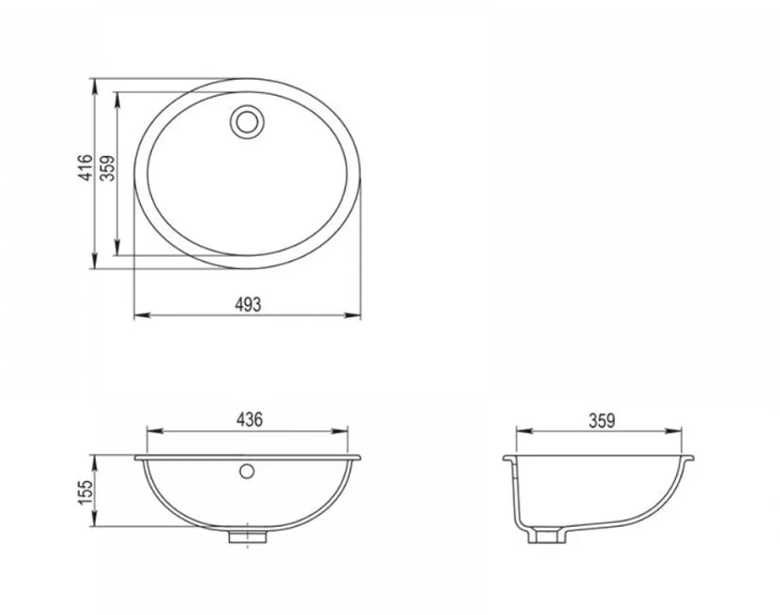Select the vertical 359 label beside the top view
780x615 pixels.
(108, 167)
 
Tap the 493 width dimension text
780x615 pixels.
(247, 304)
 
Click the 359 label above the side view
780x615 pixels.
(601, 421)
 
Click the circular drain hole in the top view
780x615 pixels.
(247, 120)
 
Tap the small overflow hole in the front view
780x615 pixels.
(247, 471)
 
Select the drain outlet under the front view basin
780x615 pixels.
(248, 536)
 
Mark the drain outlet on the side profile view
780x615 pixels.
(547, 536)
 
